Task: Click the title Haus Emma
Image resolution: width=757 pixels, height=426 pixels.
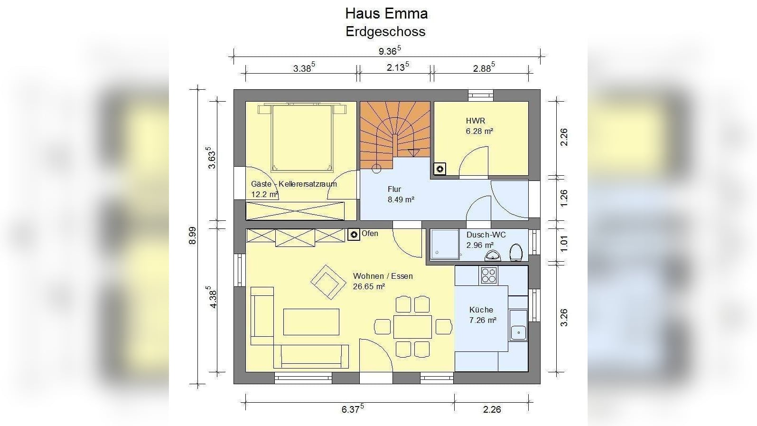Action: (386, 13)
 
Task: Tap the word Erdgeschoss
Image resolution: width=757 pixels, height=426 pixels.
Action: (385, 31)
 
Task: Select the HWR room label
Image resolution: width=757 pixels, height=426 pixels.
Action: (476, 121)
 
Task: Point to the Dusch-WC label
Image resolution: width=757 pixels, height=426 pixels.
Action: (486, 235)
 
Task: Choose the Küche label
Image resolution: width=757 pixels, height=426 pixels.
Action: (481, 310)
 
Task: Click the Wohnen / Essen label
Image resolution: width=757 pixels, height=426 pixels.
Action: (383, 276)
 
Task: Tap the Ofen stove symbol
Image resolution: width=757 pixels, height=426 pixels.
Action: (354, 234)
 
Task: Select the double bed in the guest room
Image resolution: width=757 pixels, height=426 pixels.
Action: (301, 138)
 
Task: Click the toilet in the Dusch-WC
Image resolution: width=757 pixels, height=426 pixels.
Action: (516, 252)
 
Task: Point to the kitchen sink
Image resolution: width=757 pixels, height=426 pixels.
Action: (518, 332)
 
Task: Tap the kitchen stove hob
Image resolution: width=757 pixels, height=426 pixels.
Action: (489, 275)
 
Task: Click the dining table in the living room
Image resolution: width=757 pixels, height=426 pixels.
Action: (412, 326)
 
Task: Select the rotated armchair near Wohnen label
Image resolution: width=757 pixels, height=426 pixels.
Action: (328, 282)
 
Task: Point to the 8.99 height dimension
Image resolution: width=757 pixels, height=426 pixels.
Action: (193, 235)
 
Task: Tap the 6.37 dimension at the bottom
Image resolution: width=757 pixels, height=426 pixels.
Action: (353, 409)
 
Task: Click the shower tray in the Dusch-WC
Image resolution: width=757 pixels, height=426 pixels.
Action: (445, 244)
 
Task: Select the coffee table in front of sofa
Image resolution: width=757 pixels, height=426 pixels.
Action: (311, 322)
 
